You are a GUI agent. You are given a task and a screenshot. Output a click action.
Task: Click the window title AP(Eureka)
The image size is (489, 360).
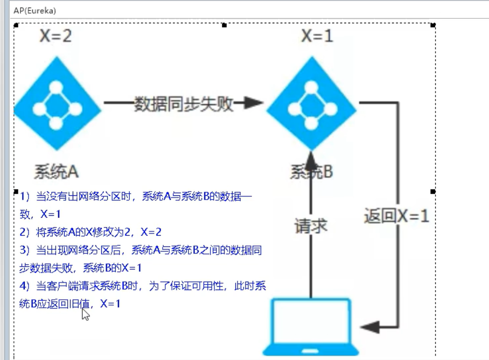point(34,10)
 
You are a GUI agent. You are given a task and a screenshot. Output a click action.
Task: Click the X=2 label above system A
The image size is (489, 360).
point(55,37)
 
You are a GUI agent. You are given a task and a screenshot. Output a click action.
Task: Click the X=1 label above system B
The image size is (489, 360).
point(317,37)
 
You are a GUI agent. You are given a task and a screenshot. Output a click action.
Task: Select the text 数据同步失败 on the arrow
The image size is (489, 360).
point(183,103)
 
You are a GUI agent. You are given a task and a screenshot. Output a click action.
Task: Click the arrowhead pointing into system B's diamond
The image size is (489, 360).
point(253,103)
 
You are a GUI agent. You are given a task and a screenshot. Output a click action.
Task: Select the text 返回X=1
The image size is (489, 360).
point(396,216)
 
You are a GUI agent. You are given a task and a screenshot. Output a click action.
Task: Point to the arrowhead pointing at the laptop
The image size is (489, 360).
point(371,327)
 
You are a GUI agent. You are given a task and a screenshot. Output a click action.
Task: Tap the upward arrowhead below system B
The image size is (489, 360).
point(311,159)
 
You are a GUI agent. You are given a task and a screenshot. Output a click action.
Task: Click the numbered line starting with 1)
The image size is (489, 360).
point(135,197)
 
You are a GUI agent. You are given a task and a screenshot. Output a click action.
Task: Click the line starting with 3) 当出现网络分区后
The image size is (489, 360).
point(141,250)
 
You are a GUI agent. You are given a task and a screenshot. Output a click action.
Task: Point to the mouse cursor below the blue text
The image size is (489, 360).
point(85,314)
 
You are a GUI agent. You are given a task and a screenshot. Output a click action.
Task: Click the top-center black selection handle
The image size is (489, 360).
point(225,25)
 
